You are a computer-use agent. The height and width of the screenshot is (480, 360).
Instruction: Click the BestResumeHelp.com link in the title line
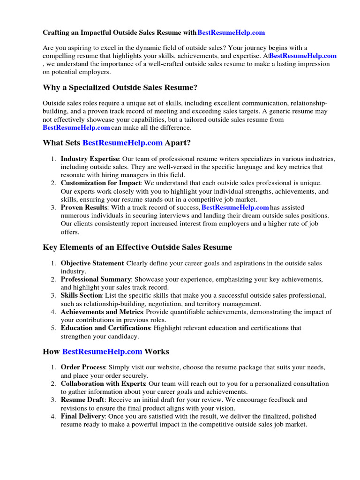pyautogui.click(x=231, y=33)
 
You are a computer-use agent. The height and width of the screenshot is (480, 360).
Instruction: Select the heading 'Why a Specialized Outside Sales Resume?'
pyautogui.click(x=120, y=88)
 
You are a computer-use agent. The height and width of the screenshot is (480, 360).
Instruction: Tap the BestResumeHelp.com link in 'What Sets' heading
pyautogui.click(x=122, y=142)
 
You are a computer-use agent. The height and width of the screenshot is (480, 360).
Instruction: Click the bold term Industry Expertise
pyautogui.click(x=90, y=159)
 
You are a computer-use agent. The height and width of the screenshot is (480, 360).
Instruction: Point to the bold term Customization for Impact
pyautogui.click(x=101, y=183)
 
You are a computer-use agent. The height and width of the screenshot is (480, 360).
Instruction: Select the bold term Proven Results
pyautogui.click(x=83, y=207)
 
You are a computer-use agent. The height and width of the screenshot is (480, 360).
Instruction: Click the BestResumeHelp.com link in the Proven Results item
pyautogui.click(x=235, y=207)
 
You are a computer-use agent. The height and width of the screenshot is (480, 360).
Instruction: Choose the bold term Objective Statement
pyautogui.click(x=92, y=263)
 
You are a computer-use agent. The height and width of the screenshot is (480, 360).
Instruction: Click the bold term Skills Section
pyautogui.click(x=81, y=295)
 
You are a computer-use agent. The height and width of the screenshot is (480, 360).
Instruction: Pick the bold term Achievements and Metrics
pyautogui.click(x=102, y=312)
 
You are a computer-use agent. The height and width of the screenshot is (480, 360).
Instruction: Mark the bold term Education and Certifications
pyautogui.click(x=105, y=328)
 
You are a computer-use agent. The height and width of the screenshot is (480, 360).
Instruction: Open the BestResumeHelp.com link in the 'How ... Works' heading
pyautogui.click(x=102, y=351)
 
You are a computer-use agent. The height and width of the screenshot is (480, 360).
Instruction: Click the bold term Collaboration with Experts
pyautogui.click(x=103, y=383)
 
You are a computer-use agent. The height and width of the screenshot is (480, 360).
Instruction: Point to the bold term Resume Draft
pyautogui.click(x=82, y=400)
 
